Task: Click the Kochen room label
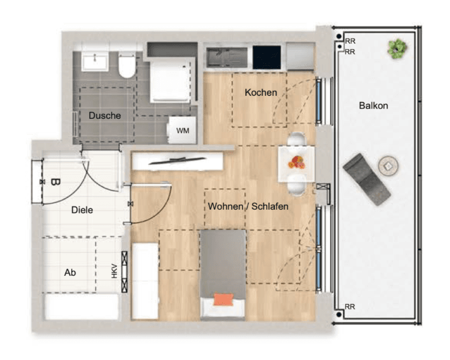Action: [261, 93]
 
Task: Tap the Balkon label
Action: [373, 105]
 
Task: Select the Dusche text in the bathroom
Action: [105, 116]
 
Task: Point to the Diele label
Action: [82, 210]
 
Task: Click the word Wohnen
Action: [226, 206]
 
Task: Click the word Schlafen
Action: [270, 206]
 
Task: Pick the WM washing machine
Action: [182, 130]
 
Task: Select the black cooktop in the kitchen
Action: [267, 57]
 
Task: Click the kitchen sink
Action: [227, 57]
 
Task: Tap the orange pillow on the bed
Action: [223, 299]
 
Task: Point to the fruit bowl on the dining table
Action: [296, 163]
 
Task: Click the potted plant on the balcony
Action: [397, 49]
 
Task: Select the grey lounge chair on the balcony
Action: [366, 179]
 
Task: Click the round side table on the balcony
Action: [388, 166]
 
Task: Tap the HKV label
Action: [114, 271]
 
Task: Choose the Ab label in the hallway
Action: [70, 272]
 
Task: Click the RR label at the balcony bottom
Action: [350, 307]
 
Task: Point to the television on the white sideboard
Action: [177, 160]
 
